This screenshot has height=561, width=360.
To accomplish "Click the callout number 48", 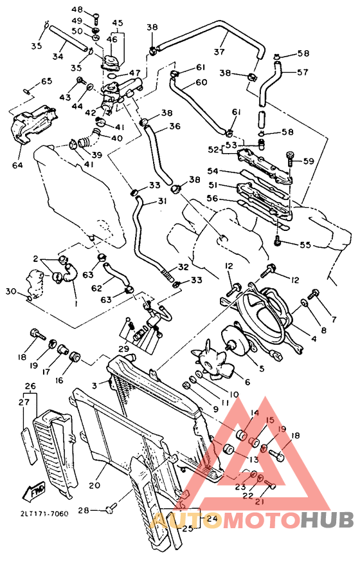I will [77, 10].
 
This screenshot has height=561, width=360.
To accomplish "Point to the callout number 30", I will [10, 291].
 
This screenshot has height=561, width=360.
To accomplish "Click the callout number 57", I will [303, 72].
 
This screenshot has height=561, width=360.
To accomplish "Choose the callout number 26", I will [29, 387].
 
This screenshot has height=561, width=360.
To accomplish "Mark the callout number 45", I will [117, 23].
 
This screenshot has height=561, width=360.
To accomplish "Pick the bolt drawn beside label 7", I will [314, 295].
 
